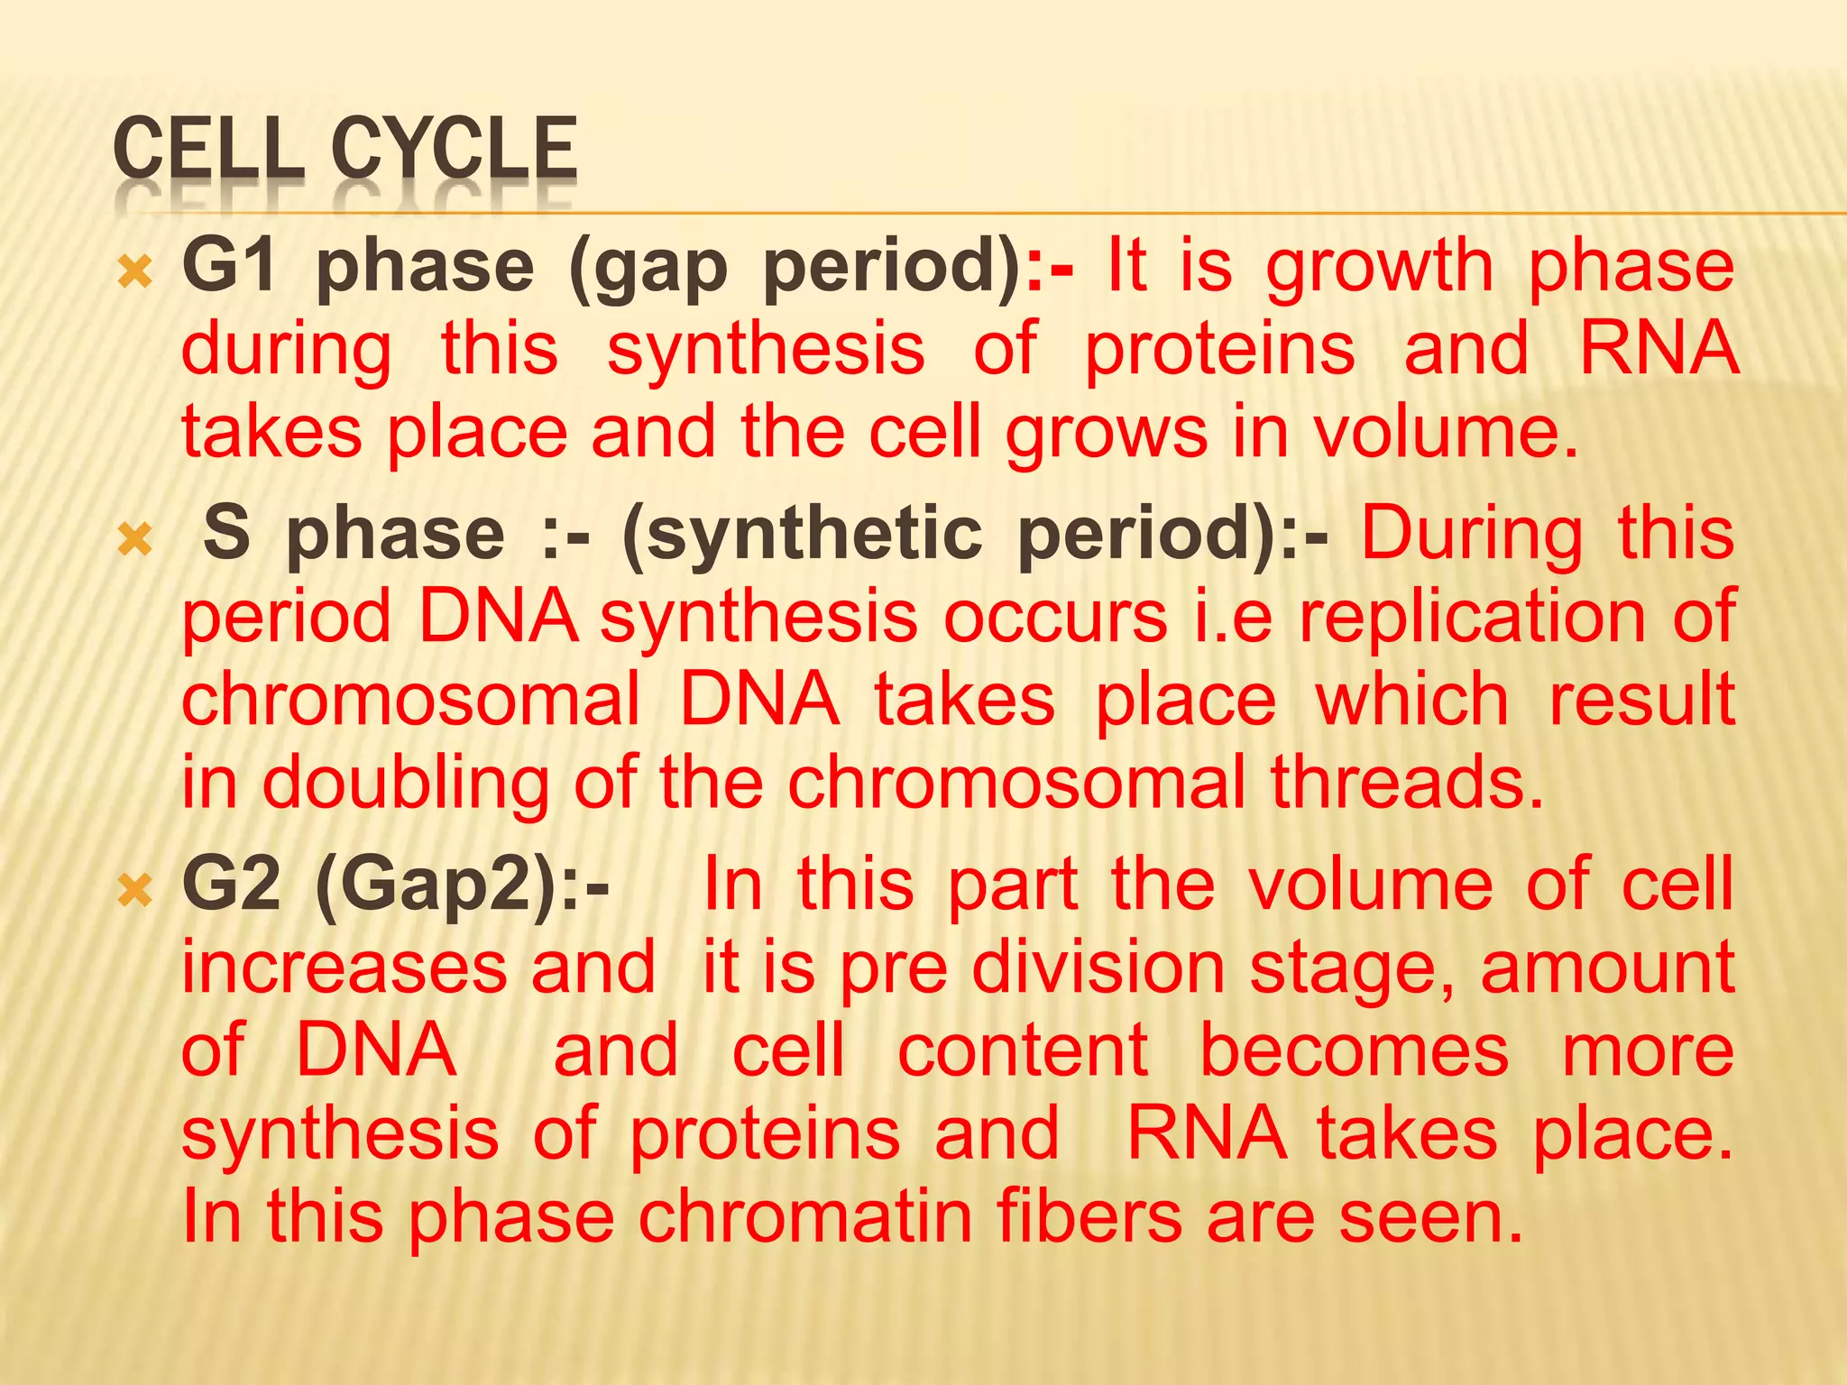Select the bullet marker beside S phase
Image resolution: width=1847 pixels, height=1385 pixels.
[x=135, y=539]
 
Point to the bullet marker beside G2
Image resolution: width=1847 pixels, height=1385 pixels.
[x=135, y=890]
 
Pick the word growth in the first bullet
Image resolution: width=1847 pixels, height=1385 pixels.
[x=1380, y=268]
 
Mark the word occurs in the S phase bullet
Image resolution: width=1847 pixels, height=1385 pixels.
[x=1055, y=619]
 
